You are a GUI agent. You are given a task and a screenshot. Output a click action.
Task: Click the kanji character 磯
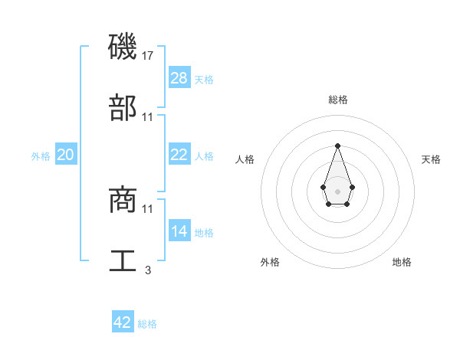[x=123, y=47]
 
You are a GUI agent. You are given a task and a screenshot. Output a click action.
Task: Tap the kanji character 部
[x=123, y=108]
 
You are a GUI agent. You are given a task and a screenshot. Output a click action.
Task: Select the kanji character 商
[x=123, y=200]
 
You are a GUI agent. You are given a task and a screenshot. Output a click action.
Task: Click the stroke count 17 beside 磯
[x=149, y=56]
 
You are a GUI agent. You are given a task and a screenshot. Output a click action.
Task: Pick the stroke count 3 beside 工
[x=148, y=270]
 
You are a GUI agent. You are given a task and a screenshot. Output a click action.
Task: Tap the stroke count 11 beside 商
[x=149, y=208]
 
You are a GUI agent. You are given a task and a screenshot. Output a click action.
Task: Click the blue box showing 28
[x=179, y=77]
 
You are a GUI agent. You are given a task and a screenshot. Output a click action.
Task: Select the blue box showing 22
[x=179, y=154]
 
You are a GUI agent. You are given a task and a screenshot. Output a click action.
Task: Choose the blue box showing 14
[x=179, y=231]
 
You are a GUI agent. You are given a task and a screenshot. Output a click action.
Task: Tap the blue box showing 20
[x=66, y=155]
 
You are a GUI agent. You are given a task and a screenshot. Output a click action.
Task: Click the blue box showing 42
[x=123, y=322]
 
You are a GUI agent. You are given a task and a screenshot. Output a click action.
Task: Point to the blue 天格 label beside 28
[x=204, y=79]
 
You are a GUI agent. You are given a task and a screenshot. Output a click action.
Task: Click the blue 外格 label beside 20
[x=41, y=156]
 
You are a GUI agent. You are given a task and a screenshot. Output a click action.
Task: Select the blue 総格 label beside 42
[x=147, y=324]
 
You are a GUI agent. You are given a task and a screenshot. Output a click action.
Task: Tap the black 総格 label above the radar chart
[x=337, y=100]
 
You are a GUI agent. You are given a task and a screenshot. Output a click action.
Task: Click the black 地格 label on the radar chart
[x=402, y=262]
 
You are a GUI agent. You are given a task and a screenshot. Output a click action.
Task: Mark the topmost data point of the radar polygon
[x=337, y=146]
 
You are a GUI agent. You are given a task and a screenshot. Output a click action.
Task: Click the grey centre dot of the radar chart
[x=337, y=191]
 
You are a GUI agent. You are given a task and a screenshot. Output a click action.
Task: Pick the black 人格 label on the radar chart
[x=245, y=159]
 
